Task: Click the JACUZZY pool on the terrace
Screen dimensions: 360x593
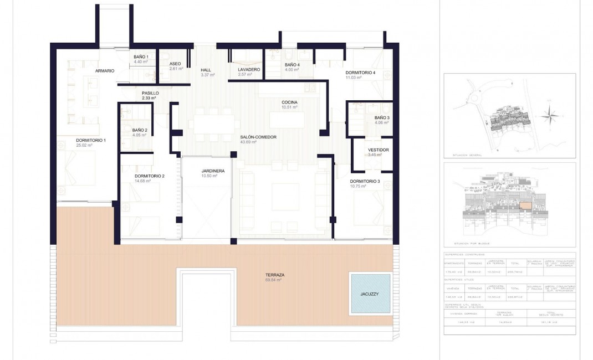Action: pyautogui.click(x=370, y=292)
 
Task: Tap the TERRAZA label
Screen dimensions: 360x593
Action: pyautogui.click(x=274, y=275)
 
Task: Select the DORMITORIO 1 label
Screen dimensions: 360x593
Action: pyautogui.click(x=91, y=140)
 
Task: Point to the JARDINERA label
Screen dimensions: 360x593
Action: pyautogui.click(x=213, y=171)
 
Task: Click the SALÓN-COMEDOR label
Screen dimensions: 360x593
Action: pyautogui.click(x=258, y=137)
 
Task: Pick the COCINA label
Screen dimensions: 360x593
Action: pyautogui.click(x=289, y=102)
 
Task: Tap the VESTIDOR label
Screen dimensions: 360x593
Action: pyautogui.click(x=379, y=150)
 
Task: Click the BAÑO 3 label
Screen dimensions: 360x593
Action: pyautogui.click(x=382, y=118)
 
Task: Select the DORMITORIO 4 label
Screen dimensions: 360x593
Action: pyautogui.click(x=360, y=73)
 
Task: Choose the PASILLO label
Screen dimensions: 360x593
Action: pyautogui.click(x=150, y=93)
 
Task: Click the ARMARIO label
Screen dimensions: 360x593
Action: pyautogui.click(x=105, y=71)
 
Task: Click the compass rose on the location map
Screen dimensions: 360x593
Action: pyautogui.click(x=550, y=116)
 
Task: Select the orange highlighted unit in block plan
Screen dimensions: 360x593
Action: pyautogui.click(x=525, y=206)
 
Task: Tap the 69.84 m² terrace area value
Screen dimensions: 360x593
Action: pyautogui.click(x=274, y=280)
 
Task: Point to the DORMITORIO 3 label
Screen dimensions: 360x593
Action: pyautogui.click(x=365, y=182)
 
